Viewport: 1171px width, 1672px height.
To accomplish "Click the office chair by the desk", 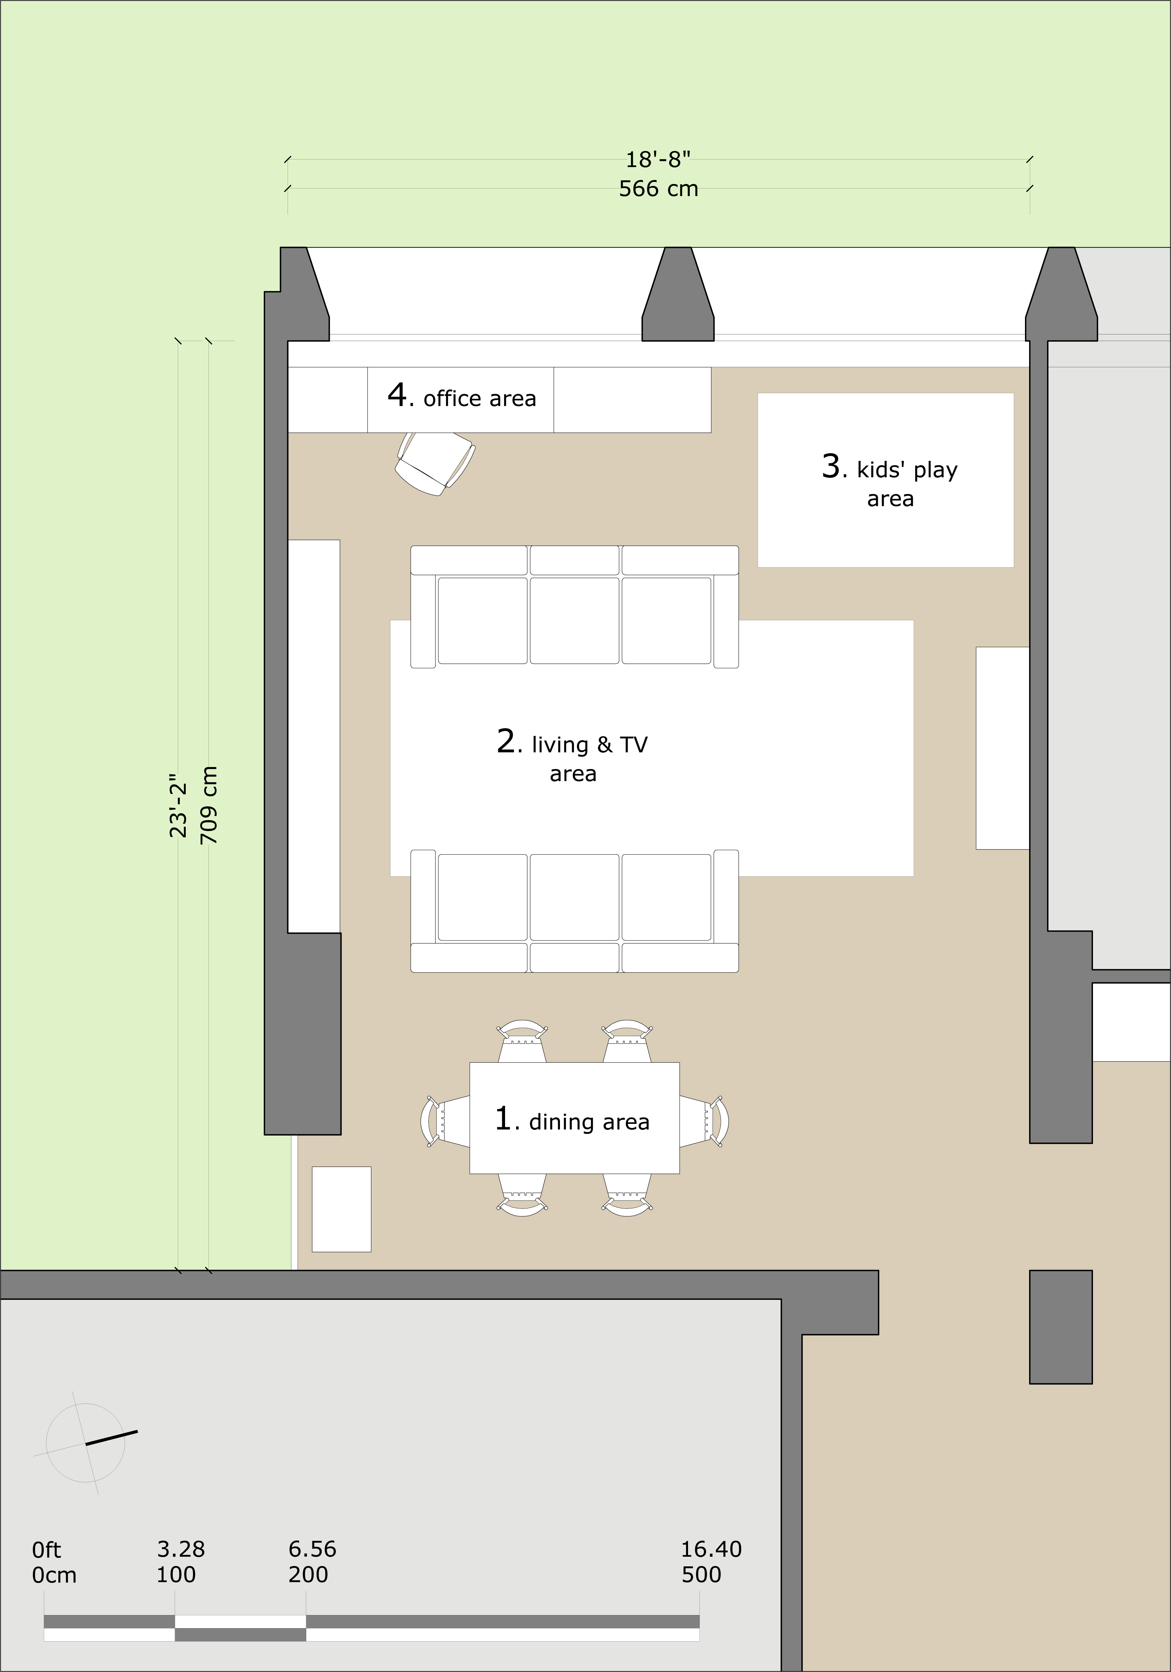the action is (x=435, y=463).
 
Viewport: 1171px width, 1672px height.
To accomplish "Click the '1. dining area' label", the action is (x=572, y=1119).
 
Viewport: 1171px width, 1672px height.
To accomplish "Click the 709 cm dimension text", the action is (x=209, y=805).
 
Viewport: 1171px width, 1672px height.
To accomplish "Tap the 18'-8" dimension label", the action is (x=658, y=159).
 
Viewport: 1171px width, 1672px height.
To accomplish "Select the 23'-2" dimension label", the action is (x=178, y=805).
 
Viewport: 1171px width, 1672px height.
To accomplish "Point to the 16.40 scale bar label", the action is (x=711, y=1549).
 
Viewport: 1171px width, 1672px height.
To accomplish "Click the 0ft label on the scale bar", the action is (x=47, y=1550).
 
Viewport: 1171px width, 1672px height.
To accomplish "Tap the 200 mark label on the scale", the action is (x=307, y=1574).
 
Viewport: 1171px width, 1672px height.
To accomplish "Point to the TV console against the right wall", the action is (x=1003, y=748).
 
